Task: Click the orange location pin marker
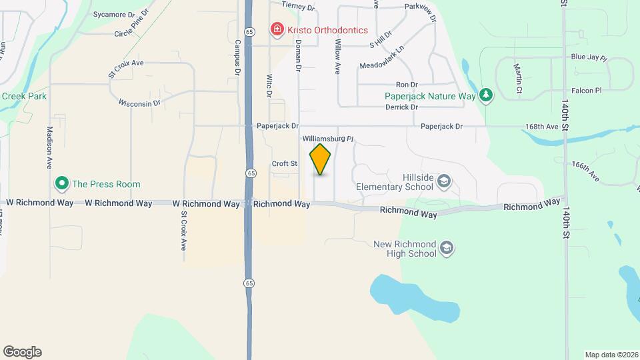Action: tap(321, 159)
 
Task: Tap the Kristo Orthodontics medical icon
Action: tap(275, 29)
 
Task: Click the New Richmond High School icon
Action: tap(447, 249)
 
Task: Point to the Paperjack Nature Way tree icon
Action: tap(487, 95)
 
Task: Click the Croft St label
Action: tap(284, 163)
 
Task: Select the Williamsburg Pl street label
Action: tap(327, 139)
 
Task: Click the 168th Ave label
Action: tap(541, 126)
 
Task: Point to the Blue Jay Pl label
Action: tap(589, 58)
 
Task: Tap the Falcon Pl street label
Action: tap(586, 90)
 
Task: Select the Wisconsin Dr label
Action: tap(140, 103)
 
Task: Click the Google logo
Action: tap(22, 351)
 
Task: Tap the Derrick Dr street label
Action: tap(401, 107)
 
